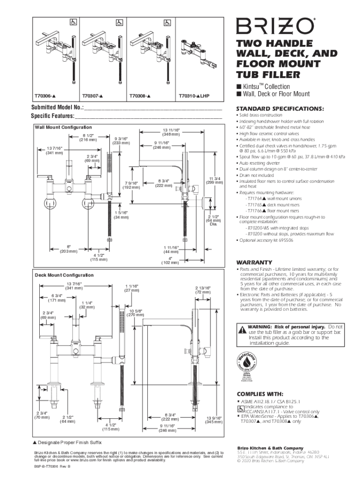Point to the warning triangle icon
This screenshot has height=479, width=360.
click(x=242, y=330)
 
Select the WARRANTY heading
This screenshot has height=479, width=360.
click(x=254, y=262)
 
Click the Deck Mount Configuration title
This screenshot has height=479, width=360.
click(x=64, y=275)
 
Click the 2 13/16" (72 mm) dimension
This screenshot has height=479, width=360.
click(x=203, y=290)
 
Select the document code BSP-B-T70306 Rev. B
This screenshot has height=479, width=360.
click(x=51, y=467)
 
